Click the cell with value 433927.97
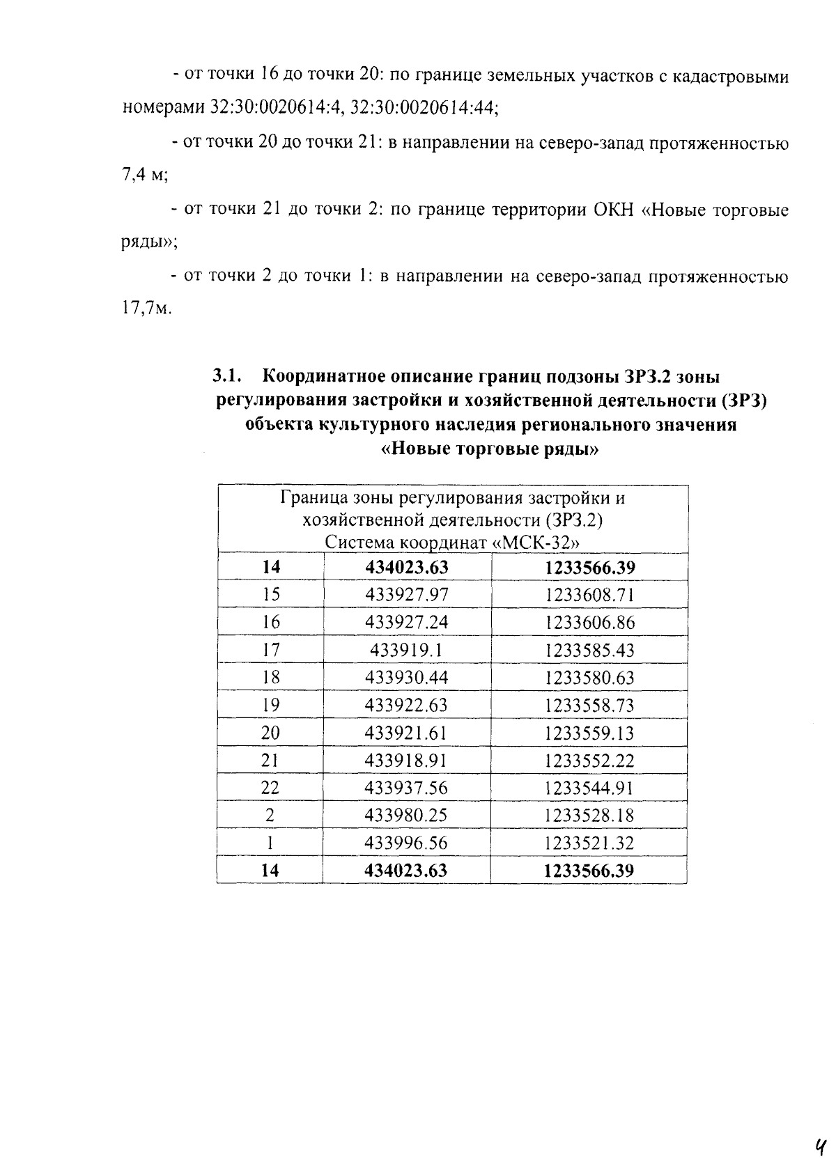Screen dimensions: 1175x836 click(x=407, y=595)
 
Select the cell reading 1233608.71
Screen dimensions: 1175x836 click(x=589, y=595)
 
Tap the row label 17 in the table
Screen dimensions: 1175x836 click(x=270, y=650)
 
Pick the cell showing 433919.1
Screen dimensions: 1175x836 click(x=407, y=650)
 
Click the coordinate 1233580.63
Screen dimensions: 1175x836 click(x=589, y=678)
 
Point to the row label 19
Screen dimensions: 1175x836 click(x=270, y=705)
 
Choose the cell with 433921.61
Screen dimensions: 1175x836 click(x=407, y=733)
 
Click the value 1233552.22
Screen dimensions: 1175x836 click(x=589, y=761)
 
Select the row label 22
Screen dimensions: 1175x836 click(x=270, y=788)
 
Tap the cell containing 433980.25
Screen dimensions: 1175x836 click(x=407, y=816)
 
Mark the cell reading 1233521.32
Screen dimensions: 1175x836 click(x=589, y=843)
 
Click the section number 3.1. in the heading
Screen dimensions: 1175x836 click(x=227, y=377)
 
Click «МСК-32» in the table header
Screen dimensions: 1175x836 click(x=536, y=543)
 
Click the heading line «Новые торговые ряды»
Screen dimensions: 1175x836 click(x=490, y=449)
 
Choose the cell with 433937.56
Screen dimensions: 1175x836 click(x=407, y=788)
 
